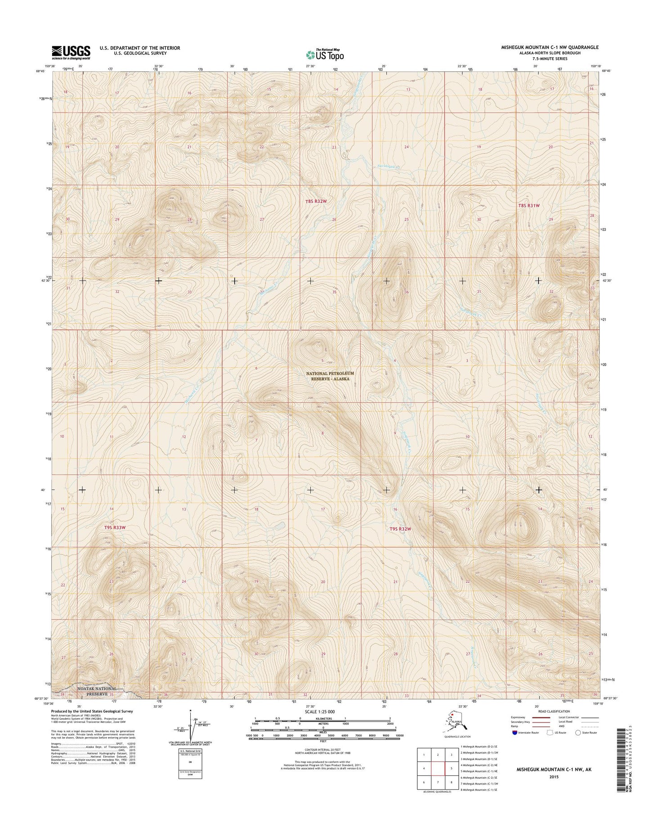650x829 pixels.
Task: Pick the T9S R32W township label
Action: (400, 529)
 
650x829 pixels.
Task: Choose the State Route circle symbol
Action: (577, 733)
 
